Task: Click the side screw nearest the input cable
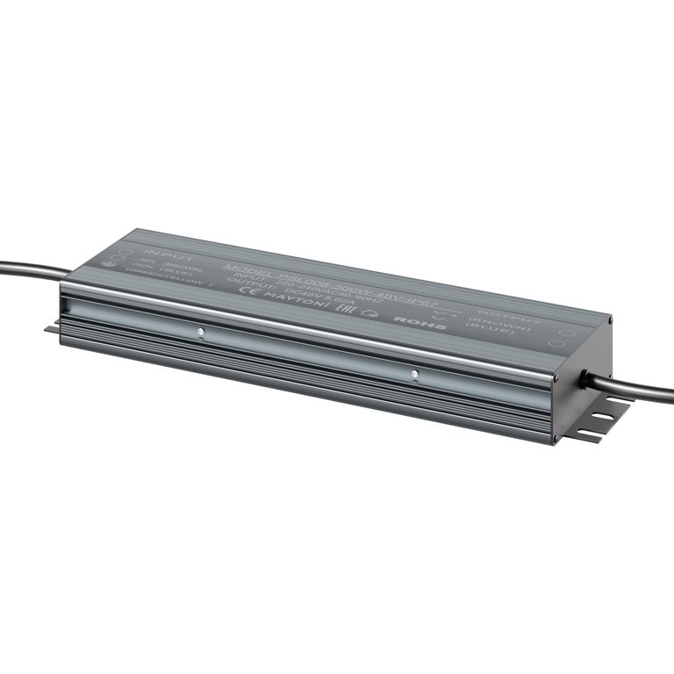pos(201,332)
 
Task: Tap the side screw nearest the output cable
pos(414,374)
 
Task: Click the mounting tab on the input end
pos(52,329)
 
